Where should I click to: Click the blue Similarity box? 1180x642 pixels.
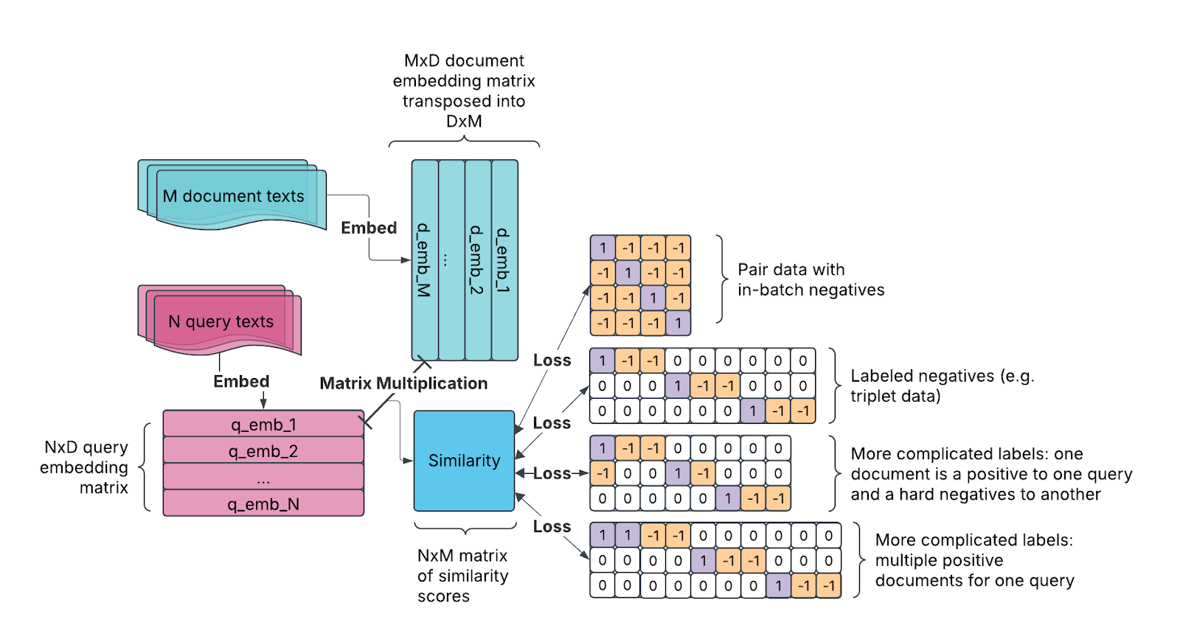[464, 461]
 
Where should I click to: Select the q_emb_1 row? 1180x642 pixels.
[263, 425]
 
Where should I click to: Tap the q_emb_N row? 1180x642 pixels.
[263, 504]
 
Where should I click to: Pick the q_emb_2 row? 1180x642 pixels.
[263, 451]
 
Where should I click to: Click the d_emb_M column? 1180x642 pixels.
[424, 259]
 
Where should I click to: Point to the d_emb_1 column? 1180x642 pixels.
[504, 259]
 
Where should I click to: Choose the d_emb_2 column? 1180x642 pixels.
[477, 259]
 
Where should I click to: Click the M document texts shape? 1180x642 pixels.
[233, 196]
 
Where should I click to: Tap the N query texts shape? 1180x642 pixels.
[221, 321]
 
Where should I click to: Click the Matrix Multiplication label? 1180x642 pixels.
[403, 383]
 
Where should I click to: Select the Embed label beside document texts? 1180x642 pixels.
[369, 228]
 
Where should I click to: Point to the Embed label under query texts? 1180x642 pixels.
[241, 381]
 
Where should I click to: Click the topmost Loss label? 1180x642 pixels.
[552, 360]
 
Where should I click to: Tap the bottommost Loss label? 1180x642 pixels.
[552, 526]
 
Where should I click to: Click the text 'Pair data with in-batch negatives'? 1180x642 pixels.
[810, 280]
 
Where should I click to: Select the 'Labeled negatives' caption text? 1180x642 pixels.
[942, 385]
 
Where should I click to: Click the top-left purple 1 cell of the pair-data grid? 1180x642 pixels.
[603, 248]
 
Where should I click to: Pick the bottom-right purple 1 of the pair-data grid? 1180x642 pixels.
[678, 323]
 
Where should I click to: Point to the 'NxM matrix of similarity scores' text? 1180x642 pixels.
[462, 576]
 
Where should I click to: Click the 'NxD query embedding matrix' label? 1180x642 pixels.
[85, 467]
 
